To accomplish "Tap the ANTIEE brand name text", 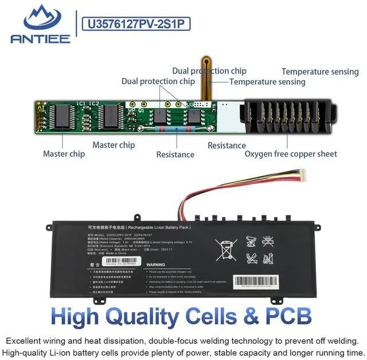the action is pos(40,39).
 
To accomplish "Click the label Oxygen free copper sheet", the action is pos(291,154).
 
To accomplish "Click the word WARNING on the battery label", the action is pos(155,265).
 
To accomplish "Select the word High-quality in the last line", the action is pos(27,353).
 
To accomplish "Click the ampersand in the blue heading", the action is pos(254,316).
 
